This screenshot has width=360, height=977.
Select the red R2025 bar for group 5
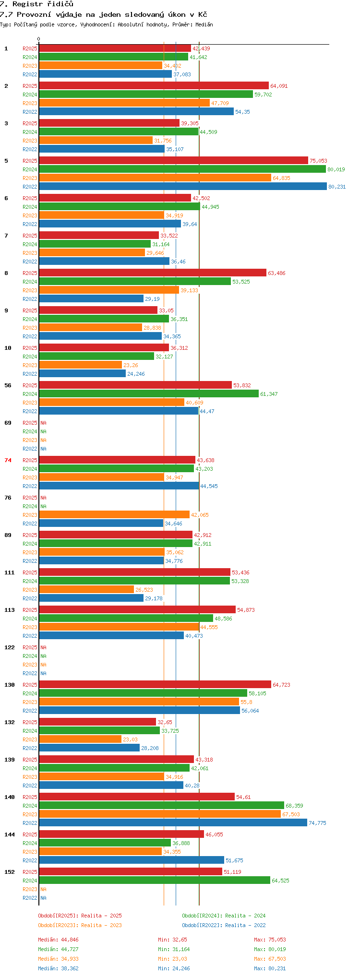coord(173,160)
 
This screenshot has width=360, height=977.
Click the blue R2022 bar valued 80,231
coord(183,186)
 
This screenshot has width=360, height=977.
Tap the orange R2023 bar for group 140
coord(160,814)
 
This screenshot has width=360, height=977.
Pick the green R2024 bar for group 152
coord(155,880)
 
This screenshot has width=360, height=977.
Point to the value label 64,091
coord(279,86)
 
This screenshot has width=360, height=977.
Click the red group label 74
coord(8,460)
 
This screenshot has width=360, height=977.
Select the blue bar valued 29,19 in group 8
coord(91,298)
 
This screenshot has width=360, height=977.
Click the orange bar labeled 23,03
coord(80,739)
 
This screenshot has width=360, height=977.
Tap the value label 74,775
coord(317,823)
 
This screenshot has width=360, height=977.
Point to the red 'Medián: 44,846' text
coord(58,940)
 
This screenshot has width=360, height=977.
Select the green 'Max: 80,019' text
coord(270,949)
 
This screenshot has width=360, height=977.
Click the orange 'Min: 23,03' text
coord(172,959)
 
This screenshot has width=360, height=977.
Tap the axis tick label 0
coord(39,39)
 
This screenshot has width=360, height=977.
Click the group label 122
coord(10,647)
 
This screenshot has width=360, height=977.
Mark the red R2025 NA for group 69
coord(43,423)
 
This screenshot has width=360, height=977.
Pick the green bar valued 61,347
coord(149,393)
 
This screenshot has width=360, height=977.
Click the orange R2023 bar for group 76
coord(114,514)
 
